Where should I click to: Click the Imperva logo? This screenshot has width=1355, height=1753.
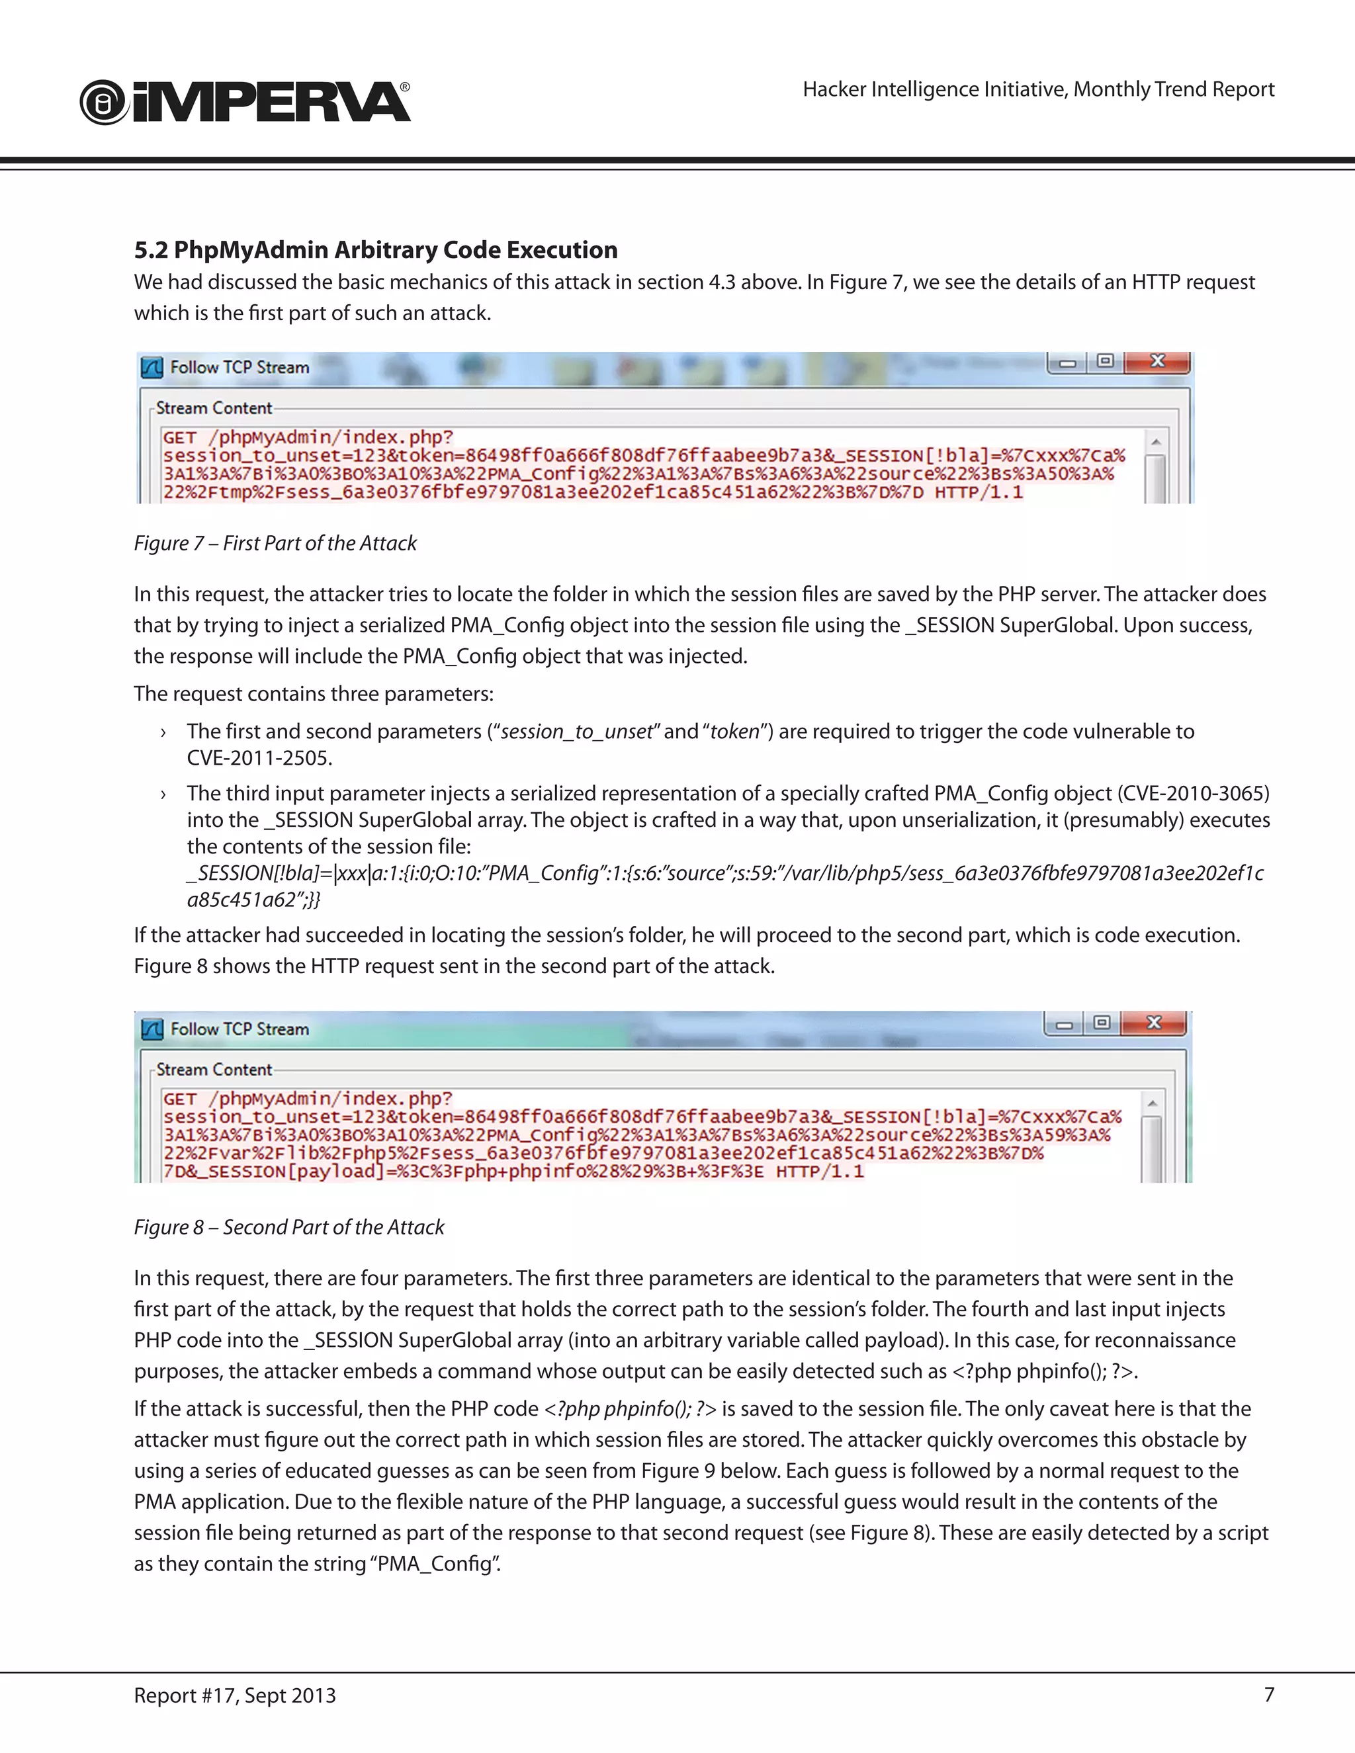(x=245, y=102)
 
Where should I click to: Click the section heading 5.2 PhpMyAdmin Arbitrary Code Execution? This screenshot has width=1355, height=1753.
(x=376, y=249)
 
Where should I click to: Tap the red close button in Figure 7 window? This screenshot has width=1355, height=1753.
(x=1157, y=362)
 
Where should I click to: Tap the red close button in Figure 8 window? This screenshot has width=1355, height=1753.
(x=1153, y=1023)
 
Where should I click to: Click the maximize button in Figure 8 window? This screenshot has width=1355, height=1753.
(x=1102, y=1023)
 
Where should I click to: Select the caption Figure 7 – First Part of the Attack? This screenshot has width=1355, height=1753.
(x=275, y=543)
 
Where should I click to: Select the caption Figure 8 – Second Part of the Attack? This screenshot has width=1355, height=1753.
(x=289, y=1227)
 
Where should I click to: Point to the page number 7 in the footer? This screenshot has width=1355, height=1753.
(x=1269, y=1694)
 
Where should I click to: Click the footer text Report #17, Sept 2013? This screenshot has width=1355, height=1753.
(x=235, y=1695)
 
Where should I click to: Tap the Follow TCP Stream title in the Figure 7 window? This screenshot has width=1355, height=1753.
(x=240, y=368)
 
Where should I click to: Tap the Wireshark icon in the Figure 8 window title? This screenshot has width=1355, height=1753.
(x=152, y=1029)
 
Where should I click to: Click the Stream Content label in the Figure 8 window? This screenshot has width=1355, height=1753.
(x=214, y=1070)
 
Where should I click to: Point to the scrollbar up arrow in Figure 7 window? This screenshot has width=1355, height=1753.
(x=1156, y=441)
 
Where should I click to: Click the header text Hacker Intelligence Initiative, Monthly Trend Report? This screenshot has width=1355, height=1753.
(x=1038, y=89)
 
